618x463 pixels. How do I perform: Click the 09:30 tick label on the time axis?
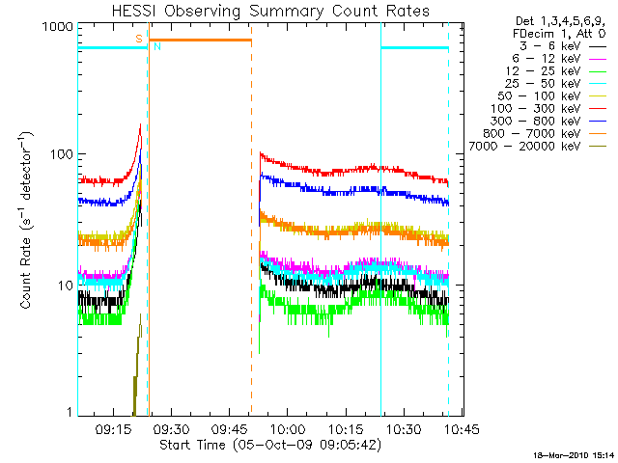pos(173,427)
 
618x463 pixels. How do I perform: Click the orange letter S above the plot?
pos(139,38)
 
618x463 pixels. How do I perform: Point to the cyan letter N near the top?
pos(156,45)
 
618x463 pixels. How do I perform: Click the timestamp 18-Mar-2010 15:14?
pos(576,454)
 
